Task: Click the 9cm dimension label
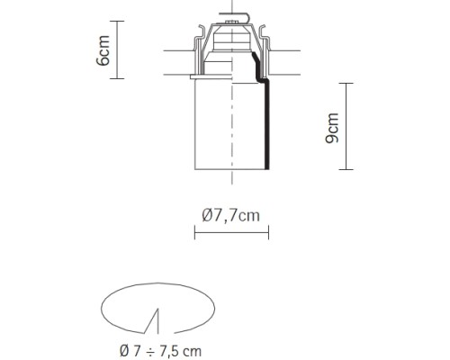click(332, 128)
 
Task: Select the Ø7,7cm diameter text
click(231, 215)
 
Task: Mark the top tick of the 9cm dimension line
click(346, 83)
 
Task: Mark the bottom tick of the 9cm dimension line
click(346, 170)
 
